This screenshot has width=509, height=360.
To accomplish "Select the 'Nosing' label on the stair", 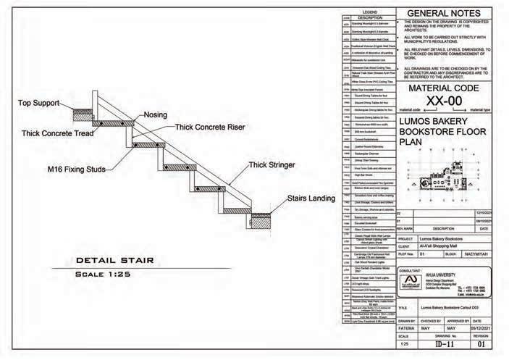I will coord(156,115).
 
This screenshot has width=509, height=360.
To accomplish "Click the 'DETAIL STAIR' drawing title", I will coord(113,261).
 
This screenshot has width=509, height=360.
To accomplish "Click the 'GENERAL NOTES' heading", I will coord(444,14).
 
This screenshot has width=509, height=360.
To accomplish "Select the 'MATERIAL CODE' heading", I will coord(444,88).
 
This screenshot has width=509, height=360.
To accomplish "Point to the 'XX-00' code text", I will coord(444,100).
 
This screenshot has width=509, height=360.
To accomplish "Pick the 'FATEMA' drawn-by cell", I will coord(407,328).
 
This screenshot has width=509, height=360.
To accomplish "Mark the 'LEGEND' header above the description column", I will coord(369,12).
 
